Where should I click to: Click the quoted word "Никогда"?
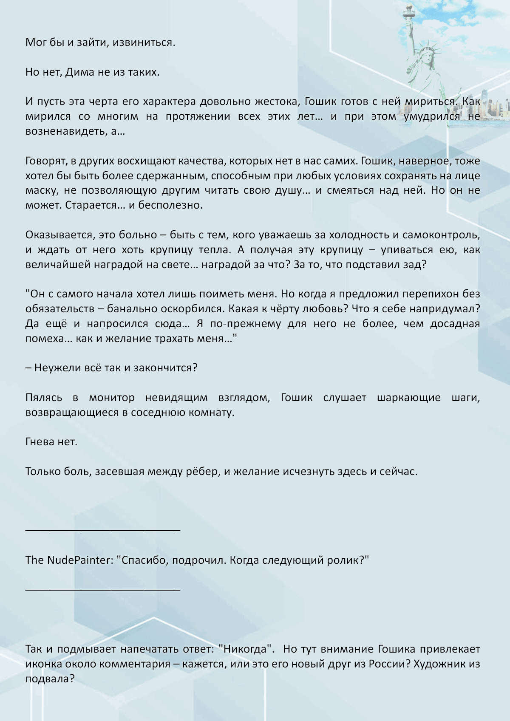(245, 649)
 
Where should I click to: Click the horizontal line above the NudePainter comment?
(103, 530)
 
